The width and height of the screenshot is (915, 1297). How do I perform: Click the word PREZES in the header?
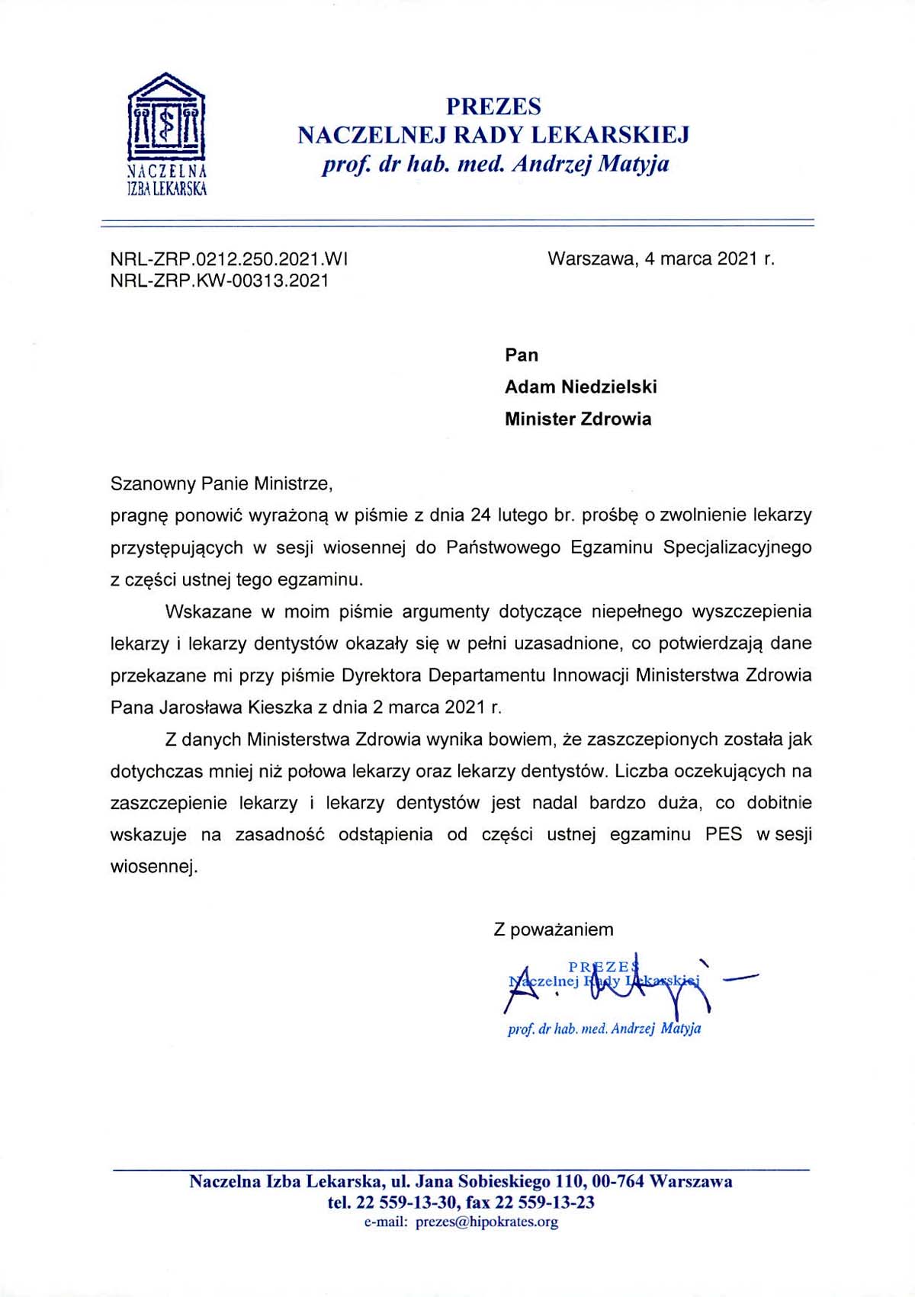tap(493, 106)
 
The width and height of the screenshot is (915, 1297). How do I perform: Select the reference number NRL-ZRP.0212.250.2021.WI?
tap(230, 258)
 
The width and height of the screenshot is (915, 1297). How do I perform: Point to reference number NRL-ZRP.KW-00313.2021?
tap(220, 281)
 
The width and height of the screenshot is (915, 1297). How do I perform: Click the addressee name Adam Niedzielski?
tap(580, 387)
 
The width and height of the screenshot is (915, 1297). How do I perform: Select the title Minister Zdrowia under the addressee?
tap(578, 419)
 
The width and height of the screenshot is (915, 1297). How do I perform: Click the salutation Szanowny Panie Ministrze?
tap(222, 483)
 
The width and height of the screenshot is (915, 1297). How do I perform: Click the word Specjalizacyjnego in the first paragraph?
tap(737, 547)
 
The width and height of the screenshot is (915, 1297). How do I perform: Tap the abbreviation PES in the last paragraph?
tap(724, 834)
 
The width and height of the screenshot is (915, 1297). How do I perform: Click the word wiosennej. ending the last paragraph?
tap(154, 867)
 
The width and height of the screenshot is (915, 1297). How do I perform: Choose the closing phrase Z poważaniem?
tap(554, 929)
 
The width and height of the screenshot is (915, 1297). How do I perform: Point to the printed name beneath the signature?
tap(604, 1029)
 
